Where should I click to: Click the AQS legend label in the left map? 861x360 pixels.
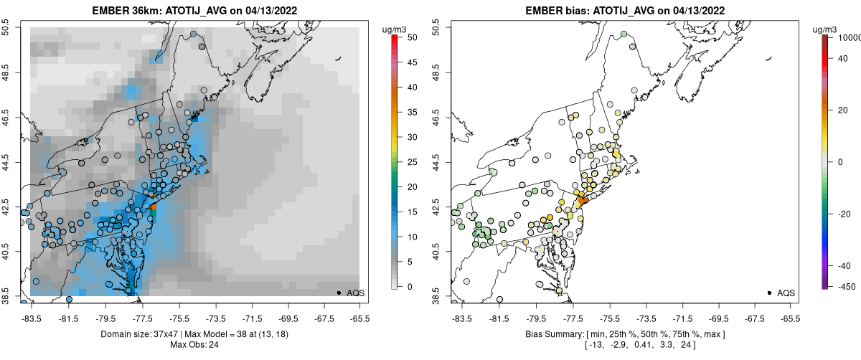click(355, 293)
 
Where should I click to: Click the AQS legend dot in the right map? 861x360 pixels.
click(769, 293)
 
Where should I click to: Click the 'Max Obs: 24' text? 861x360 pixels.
click(196, 346)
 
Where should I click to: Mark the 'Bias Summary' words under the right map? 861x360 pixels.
click(552, 335)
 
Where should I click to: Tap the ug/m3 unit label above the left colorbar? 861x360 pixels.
click(397, 29)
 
